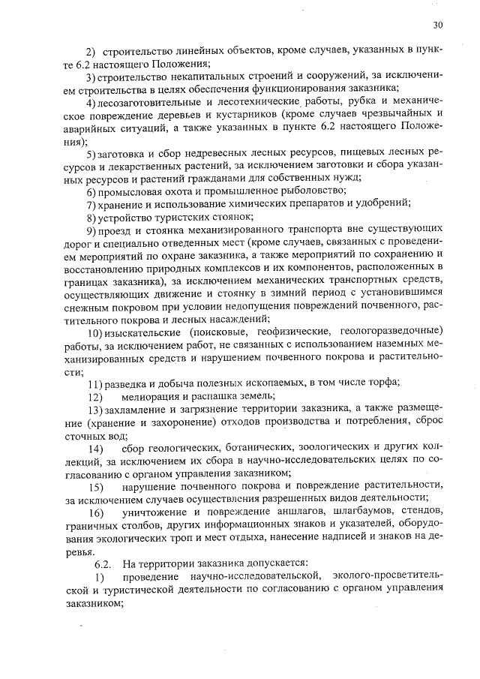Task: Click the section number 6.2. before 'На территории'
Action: click(x=103, y=563)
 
